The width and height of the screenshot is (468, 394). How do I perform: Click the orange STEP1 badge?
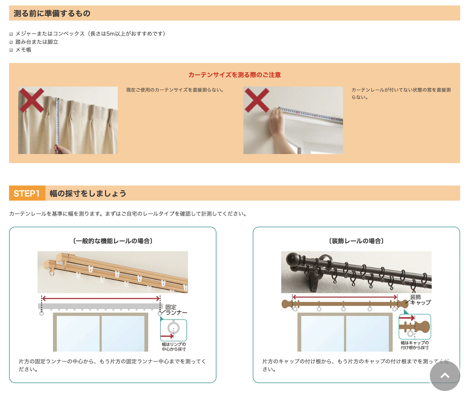pos(27,193)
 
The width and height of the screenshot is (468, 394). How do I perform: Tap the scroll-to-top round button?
pos(445,376)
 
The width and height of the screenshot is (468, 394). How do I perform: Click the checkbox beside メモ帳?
pos(11,50)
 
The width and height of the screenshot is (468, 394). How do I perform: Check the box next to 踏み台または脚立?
pos(11,42)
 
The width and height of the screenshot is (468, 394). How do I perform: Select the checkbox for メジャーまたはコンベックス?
pos(11,34)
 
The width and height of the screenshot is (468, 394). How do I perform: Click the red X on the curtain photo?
pos(31,100)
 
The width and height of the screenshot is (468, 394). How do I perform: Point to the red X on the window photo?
pos(257,100)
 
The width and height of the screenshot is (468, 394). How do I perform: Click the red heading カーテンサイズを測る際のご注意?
pos(234,75)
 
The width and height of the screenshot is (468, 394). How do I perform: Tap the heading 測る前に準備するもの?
pos(52,13)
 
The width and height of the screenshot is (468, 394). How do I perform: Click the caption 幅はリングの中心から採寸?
pos(174,346)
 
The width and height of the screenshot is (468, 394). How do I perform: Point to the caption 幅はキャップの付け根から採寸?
pos(415,345)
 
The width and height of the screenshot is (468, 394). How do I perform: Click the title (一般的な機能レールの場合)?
pos(113,241)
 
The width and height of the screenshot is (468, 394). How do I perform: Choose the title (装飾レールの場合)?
pos(356,241)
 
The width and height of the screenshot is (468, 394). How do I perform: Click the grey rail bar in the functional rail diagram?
pos(101,306)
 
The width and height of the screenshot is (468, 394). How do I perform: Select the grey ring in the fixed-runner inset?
pos(173,328)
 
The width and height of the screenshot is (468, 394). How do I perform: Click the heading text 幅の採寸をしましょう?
pos(88,193)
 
